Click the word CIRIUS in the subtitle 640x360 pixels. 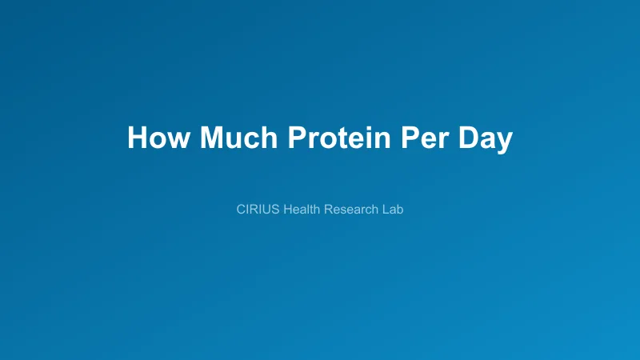[258, 210]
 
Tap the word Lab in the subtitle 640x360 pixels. [394, 210]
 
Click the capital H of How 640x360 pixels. [137, 138]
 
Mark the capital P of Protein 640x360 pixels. [296, 138]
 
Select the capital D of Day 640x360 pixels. [467, 138]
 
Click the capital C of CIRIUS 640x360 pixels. [242, 210]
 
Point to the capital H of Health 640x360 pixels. [287, 210]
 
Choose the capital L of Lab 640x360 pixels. [386, 210]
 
